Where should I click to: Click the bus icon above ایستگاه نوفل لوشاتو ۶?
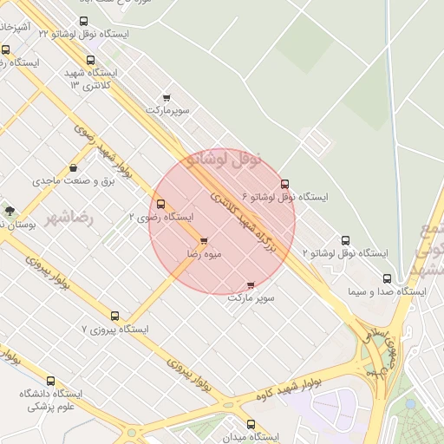[x=284, y=184]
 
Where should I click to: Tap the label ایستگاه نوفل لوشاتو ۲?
[x=345, y=253]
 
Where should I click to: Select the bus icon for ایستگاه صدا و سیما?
[x=387, y=279]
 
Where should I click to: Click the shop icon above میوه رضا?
[x=204, y=241]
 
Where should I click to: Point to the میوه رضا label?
[x=206, y=254]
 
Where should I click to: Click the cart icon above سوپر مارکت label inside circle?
[x=251, y=284]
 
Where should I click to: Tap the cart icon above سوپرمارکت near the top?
[x=166, y=98]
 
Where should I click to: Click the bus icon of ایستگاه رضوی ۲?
[x=160, y=205]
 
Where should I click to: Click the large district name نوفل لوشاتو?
[x=224, y=159]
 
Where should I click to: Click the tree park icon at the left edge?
[x=10, y=210]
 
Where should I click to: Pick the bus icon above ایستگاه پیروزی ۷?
[x=114, y=317]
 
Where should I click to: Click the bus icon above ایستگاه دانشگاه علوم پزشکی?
[x=49, y=381]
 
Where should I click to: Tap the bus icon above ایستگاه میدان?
[x=251, y=425]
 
